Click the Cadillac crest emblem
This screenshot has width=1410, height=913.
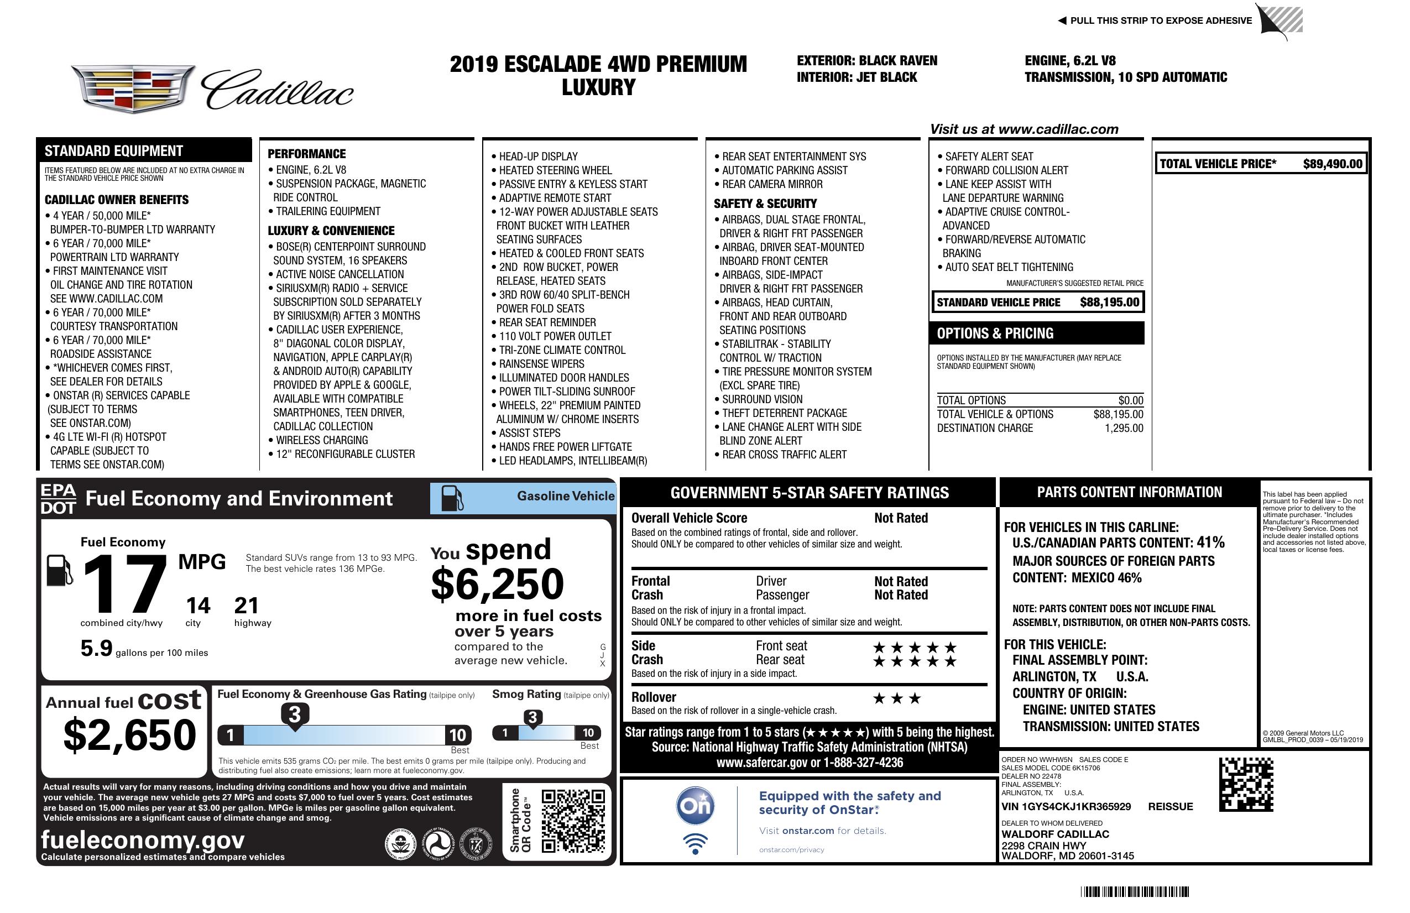pyautogui.click(x=133, y=88)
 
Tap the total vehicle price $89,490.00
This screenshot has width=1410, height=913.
pyautogui.click(x=1333, y=164)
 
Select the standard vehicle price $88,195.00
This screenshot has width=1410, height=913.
pyautogui.click(x=1109, y=302)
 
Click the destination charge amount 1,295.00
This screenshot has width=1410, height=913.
pyautogui.click(x=1123, y=429)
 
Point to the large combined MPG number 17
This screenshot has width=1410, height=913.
pyautogui.click(x=124, y=584)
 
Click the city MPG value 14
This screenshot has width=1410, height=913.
pyautogui.click(x=198, y=606)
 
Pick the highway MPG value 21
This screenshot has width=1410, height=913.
pyautogui.click(x=247, y=606)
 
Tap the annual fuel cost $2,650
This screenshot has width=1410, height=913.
pyautogui.click(x=129, y=735)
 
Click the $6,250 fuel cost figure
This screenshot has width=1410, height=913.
pyautogui.click(x=497, y=584)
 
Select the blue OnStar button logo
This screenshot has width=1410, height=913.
pyautogui.click(x=695, y=806)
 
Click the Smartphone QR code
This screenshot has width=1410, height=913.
pyautogui.click(x=573, y=820)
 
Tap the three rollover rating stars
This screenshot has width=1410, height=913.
pyautogui.click(x=897, y=698)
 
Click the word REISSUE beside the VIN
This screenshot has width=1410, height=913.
pyautogui.click(x=1170, y=806)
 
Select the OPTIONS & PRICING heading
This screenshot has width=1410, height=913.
pyautogui.click(x=995, y=333)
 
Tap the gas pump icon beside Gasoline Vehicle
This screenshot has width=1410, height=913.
pyautogui.click(x=452, y=498)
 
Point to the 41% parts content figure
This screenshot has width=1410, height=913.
pyautogui.click(x=1210, y=542)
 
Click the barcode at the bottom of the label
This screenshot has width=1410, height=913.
pyautogui.click(x=1134, y=891)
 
